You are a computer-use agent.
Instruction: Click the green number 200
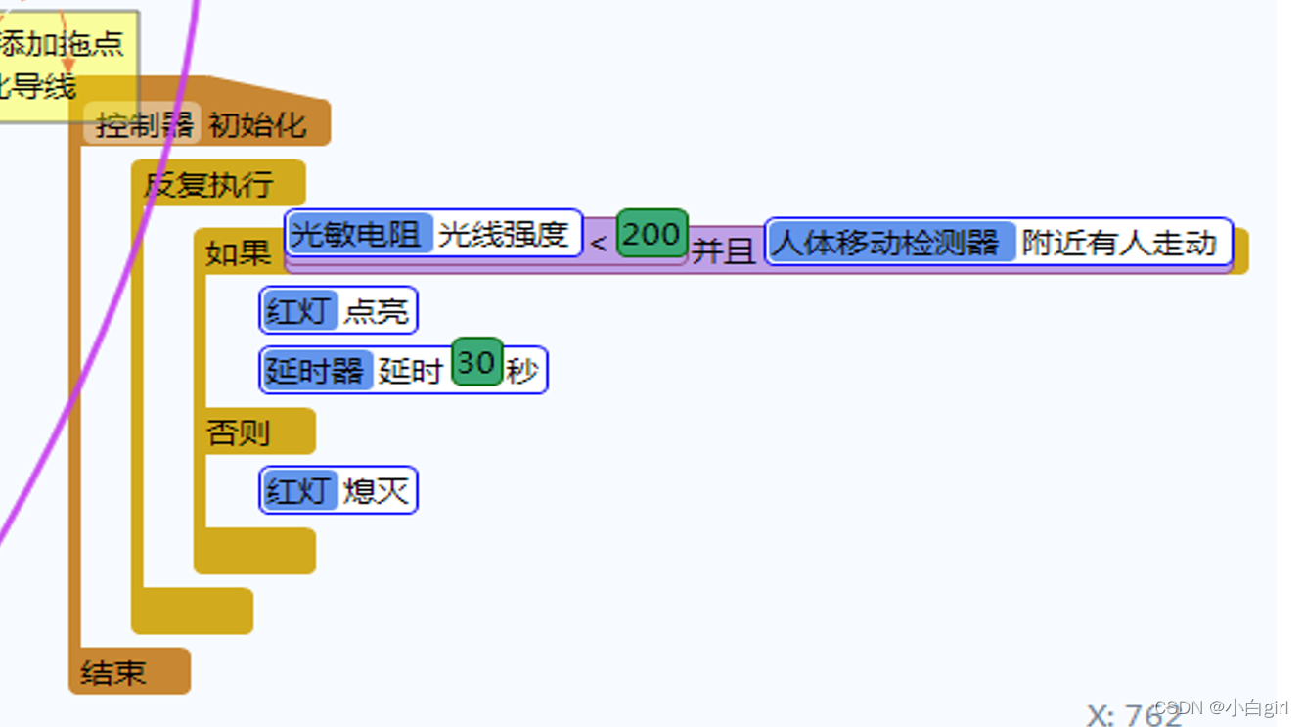tap(651, 234)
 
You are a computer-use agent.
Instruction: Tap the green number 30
tap(476, 363)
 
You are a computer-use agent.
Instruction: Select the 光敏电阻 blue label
tap(359, 234)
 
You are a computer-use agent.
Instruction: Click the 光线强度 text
tap(504, 234)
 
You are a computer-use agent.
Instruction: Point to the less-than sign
tap(599, 244)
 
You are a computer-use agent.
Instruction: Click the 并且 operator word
tap(723, 250)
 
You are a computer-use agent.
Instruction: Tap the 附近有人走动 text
tap(1119, 242)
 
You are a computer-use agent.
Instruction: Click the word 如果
tap(238, 252)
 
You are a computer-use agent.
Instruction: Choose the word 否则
tap(238, 432)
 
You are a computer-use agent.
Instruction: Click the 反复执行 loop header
tap(209, 184)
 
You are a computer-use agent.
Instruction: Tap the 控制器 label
tap(143, 125)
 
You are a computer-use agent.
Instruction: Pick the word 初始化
tap(257, 125)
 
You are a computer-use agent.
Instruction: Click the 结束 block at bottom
tap(113, 672)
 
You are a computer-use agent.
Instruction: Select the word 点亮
tap(376, 311)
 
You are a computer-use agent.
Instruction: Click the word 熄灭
tap(376, 490)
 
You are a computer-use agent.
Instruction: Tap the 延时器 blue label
tap(316, 371)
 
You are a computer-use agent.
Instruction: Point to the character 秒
tap(522, 371)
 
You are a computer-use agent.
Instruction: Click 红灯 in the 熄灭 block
tap(299, 490)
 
